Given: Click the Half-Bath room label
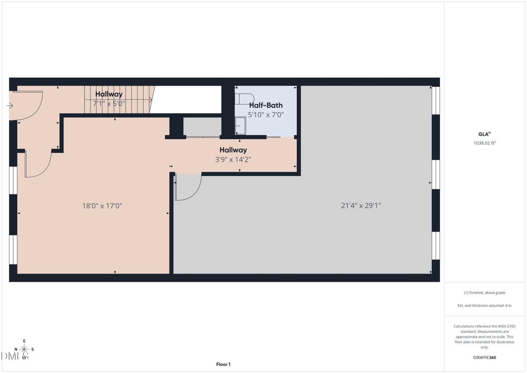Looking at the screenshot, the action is click(266, 105).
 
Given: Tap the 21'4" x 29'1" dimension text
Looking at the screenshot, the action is click(361, 206).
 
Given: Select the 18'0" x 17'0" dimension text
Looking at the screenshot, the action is click(102, 206).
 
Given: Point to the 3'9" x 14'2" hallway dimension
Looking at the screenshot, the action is click(233, 160).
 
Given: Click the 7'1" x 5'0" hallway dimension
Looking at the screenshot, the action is click(109, 103).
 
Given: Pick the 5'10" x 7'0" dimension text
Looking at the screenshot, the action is click(266, 115).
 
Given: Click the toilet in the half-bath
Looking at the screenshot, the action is click(245, 99).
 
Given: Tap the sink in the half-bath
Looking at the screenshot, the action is click(240, 126).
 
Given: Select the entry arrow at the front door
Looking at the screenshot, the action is click(9, 106).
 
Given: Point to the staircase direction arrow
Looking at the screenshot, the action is click(151, 100).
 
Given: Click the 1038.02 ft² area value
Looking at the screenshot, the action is click(485, 143).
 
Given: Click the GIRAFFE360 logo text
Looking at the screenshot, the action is click(485, 357).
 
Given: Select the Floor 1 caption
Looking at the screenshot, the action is click(223, 364).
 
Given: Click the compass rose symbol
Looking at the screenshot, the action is click(24, 349).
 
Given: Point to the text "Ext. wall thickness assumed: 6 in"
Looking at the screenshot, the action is click(485, 305).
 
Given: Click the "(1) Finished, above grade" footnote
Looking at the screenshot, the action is click(485, 293).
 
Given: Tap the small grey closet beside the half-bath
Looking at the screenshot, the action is click(202, 127).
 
